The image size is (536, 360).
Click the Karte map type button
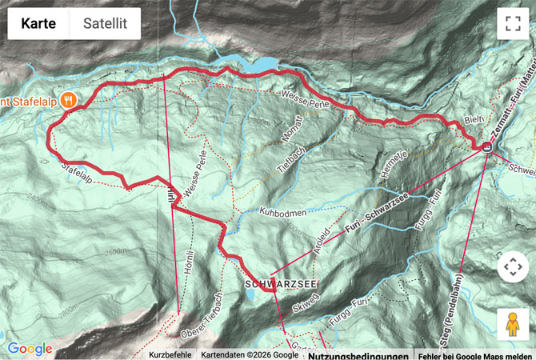(x=38, y=24)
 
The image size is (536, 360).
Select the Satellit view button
(x=105, y=24)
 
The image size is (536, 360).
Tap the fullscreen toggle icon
(x=512, y=24)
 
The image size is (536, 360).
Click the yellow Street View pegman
(x=512, y=324)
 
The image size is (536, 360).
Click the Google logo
(x=30, y=349)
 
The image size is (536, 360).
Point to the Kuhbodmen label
(x=283, y=212)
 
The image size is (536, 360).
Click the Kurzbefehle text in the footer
(x=170, y=355)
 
